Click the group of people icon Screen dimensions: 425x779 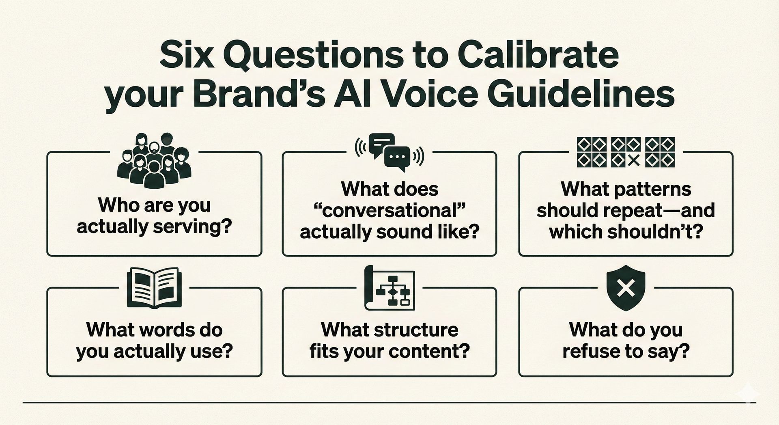pyautogui.click(x=154, y=160)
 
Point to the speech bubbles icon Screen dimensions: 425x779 pyautogui.click(x=389, y=152)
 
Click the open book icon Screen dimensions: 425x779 pyautogui.click(x=154, y=288)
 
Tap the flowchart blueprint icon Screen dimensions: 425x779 pyautogui.click(x=389, y=288)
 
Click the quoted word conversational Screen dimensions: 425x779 pyautogui.click(x=389, y=210)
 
